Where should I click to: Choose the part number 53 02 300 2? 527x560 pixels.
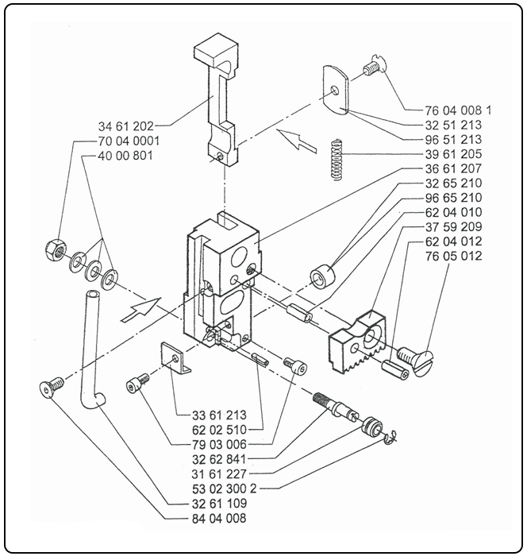[x=213, y=488]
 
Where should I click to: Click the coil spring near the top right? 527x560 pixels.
[x=337, y=158]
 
